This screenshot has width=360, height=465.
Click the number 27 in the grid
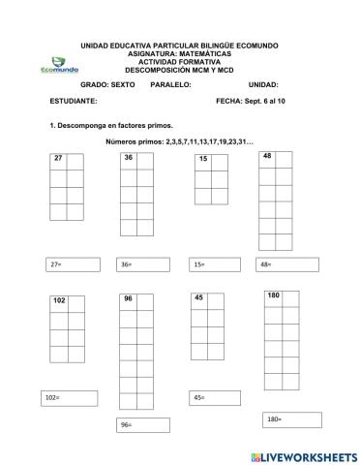tap(58, 158)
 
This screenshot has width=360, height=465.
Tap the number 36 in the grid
tap(128, 157)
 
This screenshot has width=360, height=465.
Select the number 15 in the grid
tap(203, 158)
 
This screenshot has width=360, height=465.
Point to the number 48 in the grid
tap(267, 155)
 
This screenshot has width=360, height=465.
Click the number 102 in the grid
tap(60, 301)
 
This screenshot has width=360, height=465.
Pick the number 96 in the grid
tap(128, 299)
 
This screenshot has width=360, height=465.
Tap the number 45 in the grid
tap(198, 298)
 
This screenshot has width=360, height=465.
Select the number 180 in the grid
tap(274, 294)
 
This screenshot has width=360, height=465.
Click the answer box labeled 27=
tap(74, 264)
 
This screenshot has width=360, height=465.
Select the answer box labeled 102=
tap(71, 398)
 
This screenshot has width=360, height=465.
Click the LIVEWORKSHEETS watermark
tap(303, 455)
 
